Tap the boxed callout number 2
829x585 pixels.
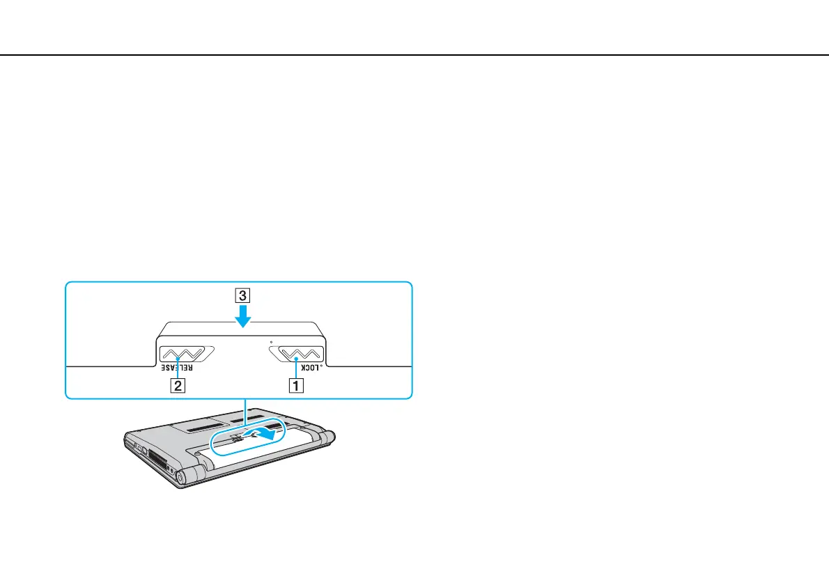(179, 385)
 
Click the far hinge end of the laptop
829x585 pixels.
(330, 436)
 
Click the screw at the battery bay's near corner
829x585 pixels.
(199, 453)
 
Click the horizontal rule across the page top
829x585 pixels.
(414, 55)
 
